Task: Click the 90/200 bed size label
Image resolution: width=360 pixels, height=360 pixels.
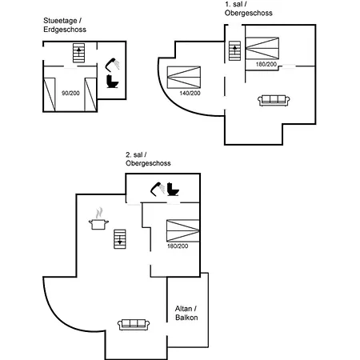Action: pos(70,93)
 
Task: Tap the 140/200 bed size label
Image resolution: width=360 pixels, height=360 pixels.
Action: pos(190,93)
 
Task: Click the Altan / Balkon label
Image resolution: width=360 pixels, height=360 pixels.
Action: pos(186,313)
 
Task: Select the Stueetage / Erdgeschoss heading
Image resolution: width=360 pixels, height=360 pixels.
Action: pos(65,25)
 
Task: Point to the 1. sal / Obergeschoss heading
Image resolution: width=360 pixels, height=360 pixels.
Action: pos(249,9)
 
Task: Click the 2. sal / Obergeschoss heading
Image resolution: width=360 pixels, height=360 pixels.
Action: pos(148,159)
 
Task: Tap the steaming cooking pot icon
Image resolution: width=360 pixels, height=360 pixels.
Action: pos(98,218)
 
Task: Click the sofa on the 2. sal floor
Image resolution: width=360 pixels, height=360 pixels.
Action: pos(134,325)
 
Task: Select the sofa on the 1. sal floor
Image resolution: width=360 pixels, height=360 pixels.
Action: pos(274,101)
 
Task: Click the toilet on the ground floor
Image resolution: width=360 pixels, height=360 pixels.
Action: pos(112,82)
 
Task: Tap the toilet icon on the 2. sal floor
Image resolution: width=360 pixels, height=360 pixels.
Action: pos(173,189)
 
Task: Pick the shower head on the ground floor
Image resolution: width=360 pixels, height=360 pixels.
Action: pos(112,64)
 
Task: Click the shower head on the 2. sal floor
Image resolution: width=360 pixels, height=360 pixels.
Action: pos(158,189)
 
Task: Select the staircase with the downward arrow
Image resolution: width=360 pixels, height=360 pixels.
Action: pos(120,239)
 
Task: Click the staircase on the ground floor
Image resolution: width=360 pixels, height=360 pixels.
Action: pos(78,53)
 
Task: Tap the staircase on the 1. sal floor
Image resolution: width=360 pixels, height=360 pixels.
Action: pos(234,51)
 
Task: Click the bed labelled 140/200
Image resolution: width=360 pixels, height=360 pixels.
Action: pos(184,78)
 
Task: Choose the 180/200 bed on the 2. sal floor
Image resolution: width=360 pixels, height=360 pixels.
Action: pos(183,230)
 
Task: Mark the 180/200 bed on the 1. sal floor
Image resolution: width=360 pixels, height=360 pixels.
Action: pos(262,48)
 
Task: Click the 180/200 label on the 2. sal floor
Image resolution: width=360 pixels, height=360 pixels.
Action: pos(178,246)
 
